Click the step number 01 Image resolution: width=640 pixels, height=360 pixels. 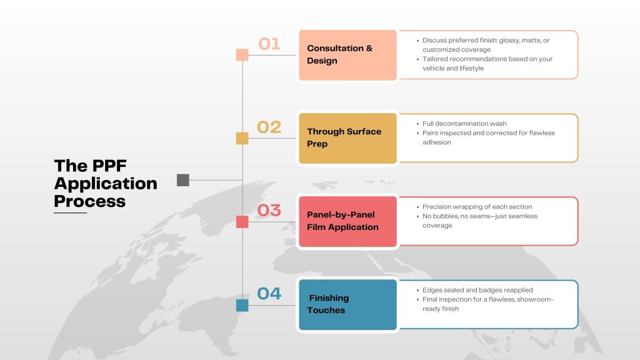click(x=269, y=44)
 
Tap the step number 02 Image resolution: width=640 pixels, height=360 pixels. click(x=269, y=127)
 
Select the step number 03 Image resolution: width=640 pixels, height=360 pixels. click(x=269, y=210)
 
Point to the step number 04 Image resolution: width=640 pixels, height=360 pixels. click(x=269, y=294)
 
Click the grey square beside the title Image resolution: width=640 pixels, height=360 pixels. click(x=183, y=180)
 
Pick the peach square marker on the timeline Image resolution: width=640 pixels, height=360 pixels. click(x=242, y=55)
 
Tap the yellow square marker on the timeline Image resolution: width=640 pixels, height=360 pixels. click(x=242, y=138)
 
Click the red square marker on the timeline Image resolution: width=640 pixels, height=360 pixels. click(x=242, y=222)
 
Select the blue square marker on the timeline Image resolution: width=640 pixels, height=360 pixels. click(x=242, y=305)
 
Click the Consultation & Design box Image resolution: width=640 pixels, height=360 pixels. click(x=347, y=55)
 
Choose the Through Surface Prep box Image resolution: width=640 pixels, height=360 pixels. click(x=347, y=138)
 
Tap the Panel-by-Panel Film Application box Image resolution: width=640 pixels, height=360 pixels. click(x=347, y=222)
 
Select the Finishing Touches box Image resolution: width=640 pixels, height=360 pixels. click(x=347, y=305)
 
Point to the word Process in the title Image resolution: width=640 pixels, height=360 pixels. click(x=90, y=201)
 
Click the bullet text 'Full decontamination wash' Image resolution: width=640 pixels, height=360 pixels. click(x=464, y=124)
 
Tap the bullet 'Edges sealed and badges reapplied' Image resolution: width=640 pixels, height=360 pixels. click(x=477, y=290)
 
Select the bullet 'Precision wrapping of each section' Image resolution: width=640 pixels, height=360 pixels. click(x=477, y=207)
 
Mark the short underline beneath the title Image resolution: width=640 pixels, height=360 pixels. click(x=70, y=212)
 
